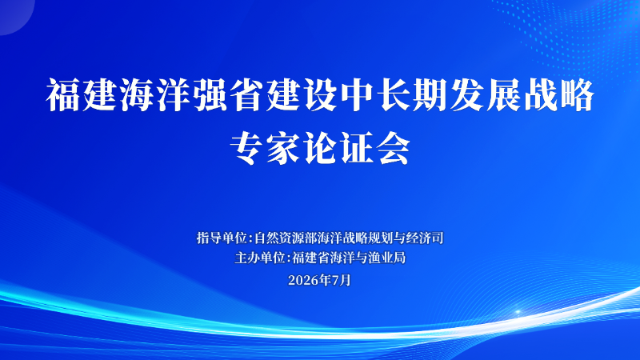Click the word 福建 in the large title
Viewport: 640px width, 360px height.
coord(82,95)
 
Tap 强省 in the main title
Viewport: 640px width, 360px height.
coord(229,95)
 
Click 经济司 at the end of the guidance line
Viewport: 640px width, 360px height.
coord(425,238)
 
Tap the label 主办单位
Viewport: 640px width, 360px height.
coord(259,258)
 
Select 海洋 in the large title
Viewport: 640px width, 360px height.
coord(155,95)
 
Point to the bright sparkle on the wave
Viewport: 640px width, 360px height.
coord(518,312)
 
